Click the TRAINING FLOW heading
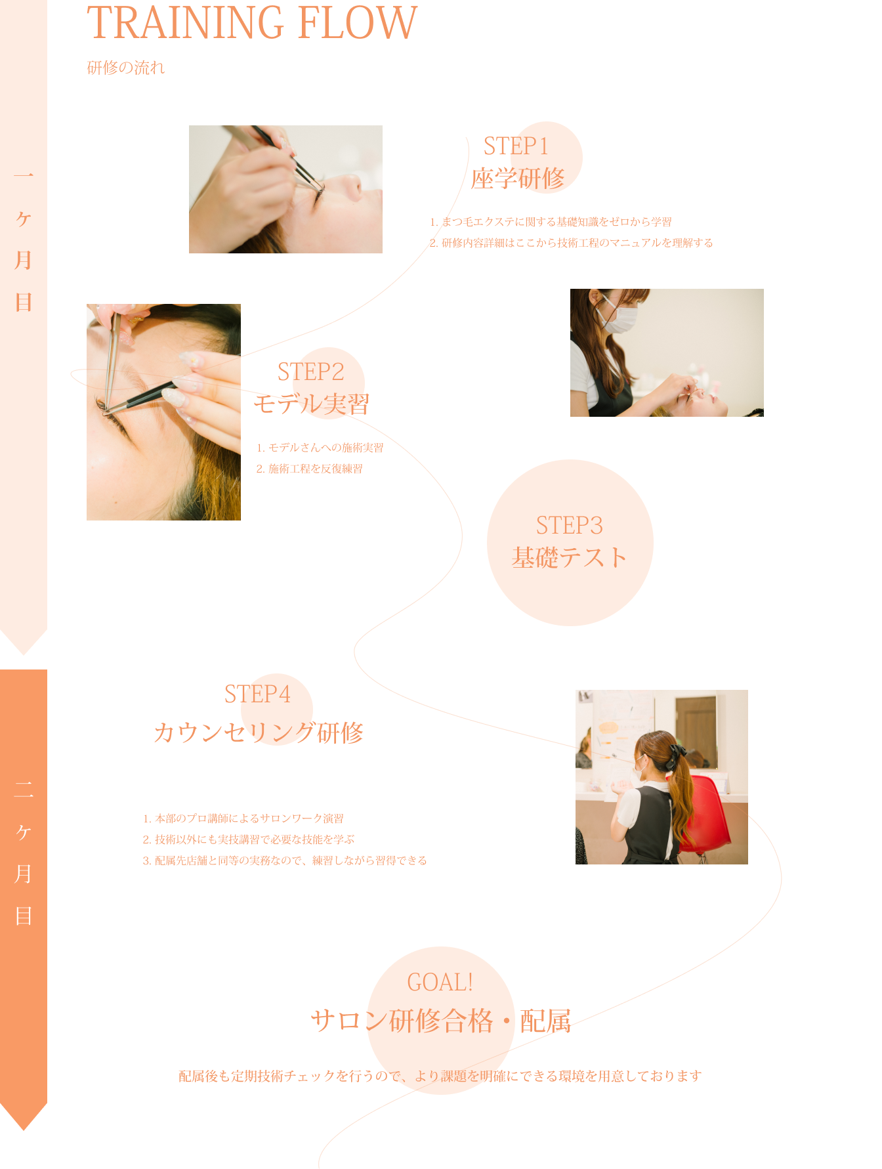252,22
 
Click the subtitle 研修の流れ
126,68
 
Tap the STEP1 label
516,146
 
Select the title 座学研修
518,179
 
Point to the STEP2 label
311,372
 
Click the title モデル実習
312,404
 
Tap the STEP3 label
570,526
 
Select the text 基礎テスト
570,558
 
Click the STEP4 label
257,694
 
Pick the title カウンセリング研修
258,733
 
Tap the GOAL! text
440,983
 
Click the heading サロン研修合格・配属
440,1021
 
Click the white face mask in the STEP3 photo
619,318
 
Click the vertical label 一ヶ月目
24,240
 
